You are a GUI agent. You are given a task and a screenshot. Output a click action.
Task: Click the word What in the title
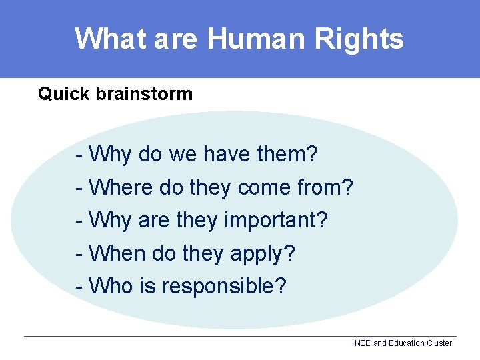(x=110, y=39)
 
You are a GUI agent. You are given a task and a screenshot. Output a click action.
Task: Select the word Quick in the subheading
(x=64, y=94)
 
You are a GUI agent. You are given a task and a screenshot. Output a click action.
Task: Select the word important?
(x=276, y=219)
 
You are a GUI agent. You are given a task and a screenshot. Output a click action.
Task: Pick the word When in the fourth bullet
(x=117, y=253)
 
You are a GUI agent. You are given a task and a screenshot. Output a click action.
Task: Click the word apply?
(x=263, y=253)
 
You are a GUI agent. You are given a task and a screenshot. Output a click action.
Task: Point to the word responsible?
(x=224, y=286)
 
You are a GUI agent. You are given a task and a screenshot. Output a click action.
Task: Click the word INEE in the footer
(x=361, y=343)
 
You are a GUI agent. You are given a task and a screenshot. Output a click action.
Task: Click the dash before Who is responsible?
(x=79, y=286)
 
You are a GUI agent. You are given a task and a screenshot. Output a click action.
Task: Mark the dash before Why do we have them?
(x=79, y=155)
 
